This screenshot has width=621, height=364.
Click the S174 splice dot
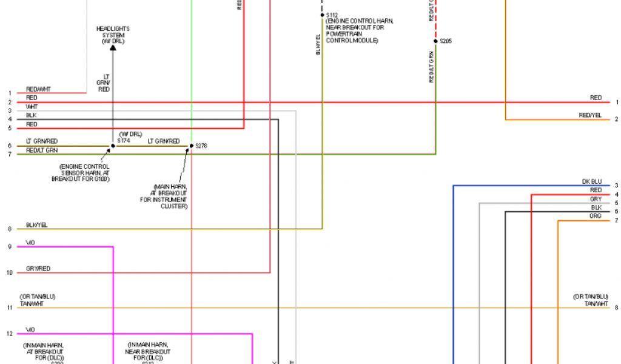tap(113, 146)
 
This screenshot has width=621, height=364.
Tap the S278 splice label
tap(201, 146)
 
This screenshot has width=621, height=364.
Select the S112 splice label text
tap(332, 15)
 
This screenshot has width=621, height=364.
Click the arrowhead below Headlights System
tap(113, 47)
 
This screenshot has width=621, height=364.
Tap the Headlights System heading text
tap(113, 35)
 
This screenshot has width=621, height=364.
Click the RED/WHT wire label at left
tap(38, 89)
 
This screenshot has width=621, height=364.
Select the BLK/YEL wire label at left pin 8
tap(36, 225)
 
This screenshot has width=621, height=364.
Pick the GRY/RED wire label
tap(38, 268)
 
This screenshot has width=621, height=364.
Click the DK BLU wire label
tap(591, 181)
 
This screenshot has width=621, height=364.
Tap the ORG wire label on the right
tap(595, 216)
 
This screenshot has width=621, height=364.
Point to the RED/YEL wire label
tap(589, 115)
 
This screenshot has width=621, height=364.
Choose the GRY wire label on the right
tap(596, 199)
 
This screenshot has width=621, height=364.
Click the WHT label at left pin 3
tap(32, 107)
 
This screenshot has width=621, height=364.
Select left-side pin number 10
tap(10, 273)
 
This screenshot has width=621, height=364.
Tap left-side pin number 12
tap(10, 334)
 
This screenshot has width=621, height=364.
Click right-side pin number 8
tap(616, 308)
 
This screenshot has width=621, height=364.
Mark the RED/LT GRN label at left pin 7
tap(41, 150)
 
